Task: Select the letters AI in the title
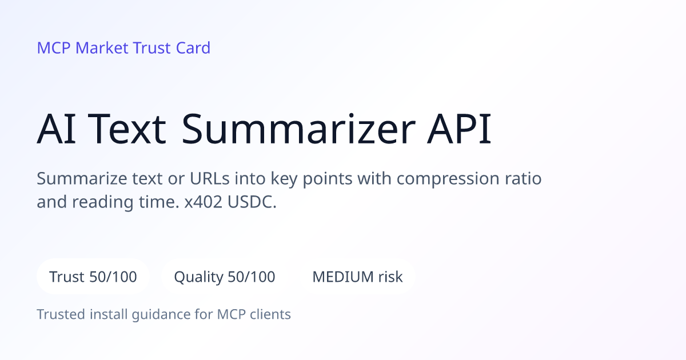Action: tap(56, 129)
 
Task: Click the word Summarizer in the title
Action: tap(298, 129)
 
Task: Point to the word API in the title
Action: tap(459, 129)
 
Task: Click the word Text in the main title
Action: tap(127, 129)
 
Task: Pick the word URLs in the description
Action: tap(209, 178)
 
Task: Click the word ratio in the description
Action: tap(523, 178)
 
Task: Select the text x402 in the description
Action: tap(203, 202)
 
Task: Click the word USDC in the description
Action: tap(252, 202)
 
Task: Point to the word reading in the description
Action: tap(102, 203)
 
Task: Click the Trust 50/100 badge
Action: tap(93, 277)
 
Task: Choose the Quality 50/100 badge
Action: tap(225, 277)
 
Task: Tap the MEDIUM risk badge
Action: tap(357, 277)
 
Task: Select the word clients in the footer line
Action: tap(270, 314)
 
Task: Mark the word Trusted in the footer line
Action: tap(61, 314)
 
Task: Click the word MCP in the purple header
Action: tap(54, 48)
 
